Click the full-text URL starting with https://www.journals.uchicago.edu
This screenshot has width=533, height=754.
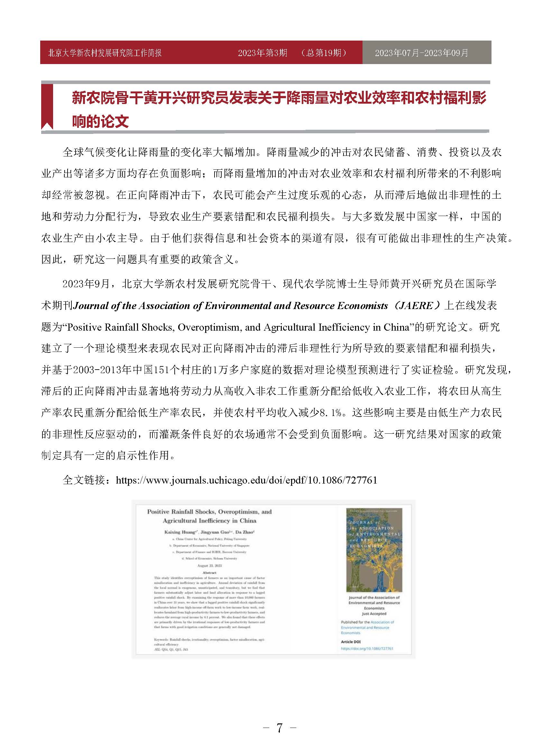click(246, 480)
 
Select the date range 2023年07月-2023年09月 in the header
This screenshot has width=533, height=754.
click(421, 53)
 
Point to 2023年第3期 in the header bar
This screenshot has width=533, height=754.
click(262, 53)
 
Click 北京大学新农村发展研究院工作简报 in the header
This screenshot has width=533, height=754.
click(105, 53)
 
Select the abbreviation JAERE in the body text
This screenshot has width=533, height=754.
click(417, 306)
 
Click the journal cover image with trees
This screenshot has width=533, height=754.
click(374, 550)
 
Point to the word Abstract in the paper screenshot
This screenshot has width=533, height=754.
click(209, 573)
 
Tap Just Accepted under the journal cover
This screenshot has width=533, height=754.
click(374, 613)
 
